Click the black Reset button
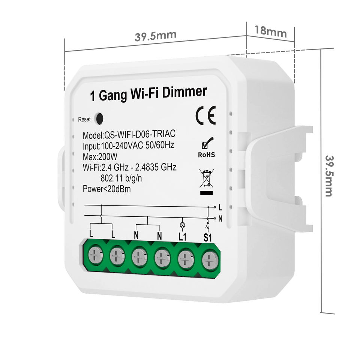[99, 118]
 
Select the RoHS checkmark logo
[207, 147]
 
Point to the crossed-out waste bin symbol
[206, 179]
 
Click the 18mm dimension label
[270, 31]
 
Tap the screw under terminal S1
[210, 259]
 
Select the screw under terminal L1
[186, 259]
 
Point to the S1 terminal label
[208, 237]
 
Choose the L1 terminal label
[183, 237]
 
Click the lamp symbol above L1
[183, 225]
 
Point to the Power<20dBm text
[107, 189]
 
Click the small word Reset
[84, 120]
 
